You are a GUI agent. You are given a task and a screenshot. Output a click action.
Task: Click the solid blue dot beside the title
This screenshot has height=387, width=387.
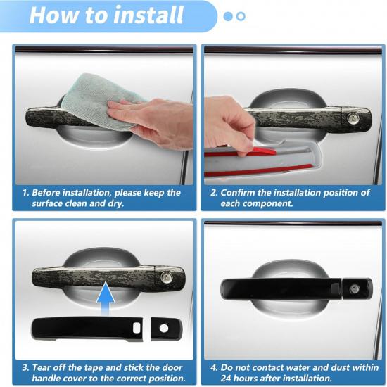pos(227,15)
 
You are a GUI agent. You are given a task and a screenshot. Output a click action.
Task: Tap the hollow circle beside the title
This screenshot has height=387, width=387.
pos(241,15)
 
